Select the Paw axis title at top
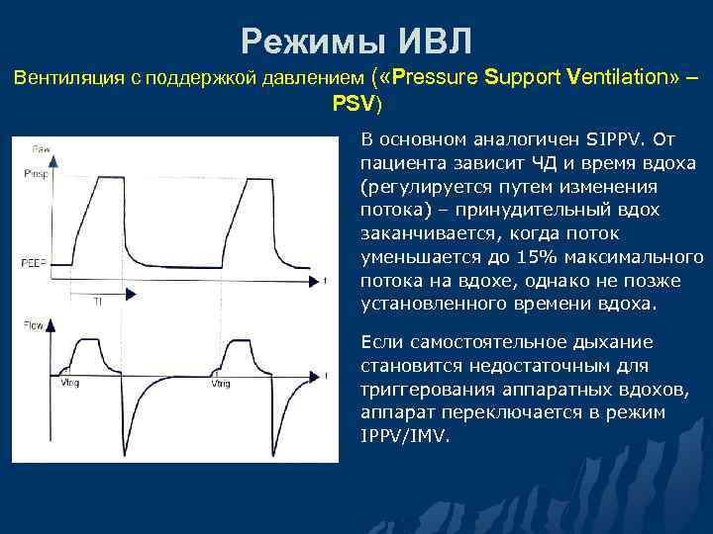click(x=41, y=149)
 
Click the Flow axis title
click(x=32, y=325)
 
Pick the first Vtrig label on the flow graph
click(x=70, y=384)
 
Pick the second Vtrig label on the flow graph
click(x=221, y=384)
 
